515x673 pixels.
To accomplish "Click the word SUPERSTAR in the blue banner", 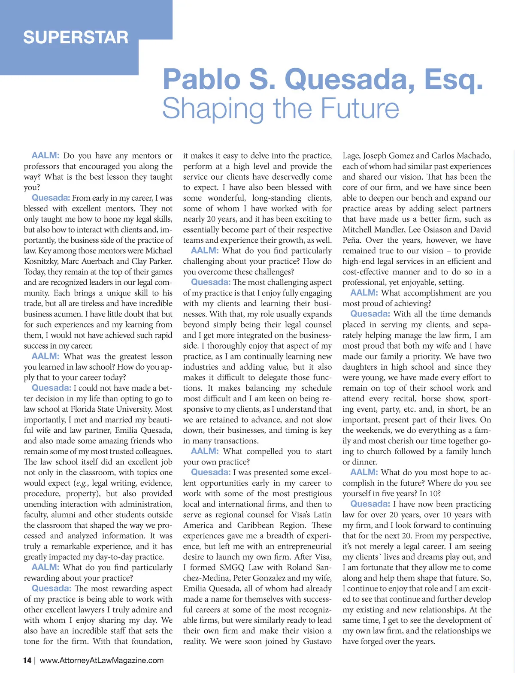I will pos(76,38).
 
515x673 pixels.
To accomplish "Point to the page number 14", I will pos(27,660).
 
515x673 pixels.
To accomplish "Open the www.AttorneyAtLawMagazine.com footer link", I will pos(102,660).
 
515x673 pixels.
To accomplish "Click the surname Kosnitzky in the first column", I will pos(41,261).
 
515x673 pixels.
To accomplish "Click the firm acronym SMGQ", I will pos(233,567).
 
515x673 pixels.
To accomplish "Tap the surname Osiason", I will pos(437,229).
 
